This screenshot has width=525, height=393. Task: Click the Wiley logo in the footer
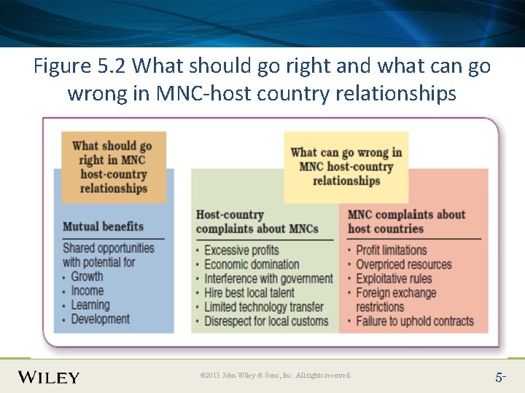[x=49, y=376]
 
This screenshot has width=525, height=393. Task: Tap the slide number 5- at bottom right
[x=500, y=377]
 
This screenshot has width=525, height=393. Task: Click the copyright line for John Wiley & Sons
[x=276, y=376]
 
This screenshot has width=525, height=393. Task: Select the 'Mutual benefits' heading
[x=103, y=226]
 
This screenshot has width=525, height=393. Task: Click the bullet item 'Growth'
[x=87, y=277]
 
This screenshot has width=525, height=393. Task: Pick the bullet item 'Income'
[x=87, y=290]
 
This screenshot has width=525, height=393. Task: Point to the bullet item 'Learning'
[x=90, y=305]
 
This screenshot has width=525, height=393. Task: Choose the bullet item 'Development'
[x=100, y=319]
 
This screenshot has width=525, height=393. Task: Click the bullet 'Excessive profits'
[x=241, y=250]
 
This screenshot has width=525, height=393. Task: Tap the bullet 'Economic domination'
[x=251, y=264]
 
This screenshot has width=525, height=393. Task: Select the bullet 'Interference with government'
[x=268, y=279]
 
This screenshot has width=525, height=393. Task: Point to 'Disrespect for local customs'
[x=266, y=321]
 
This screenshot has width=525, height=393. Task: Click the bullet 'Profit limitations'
[x=391, y=250]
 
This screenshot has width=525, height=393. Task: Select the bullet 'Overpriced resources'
[x=403, y=264]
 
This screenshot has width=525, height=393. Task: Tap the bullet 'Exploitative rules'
[x=394, y=279]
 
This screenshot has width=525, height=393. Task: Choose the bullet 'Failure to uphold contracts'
[x=414, y=321]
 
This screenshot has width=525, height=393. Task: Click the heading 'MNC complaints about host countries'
[x=406, y=221]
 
